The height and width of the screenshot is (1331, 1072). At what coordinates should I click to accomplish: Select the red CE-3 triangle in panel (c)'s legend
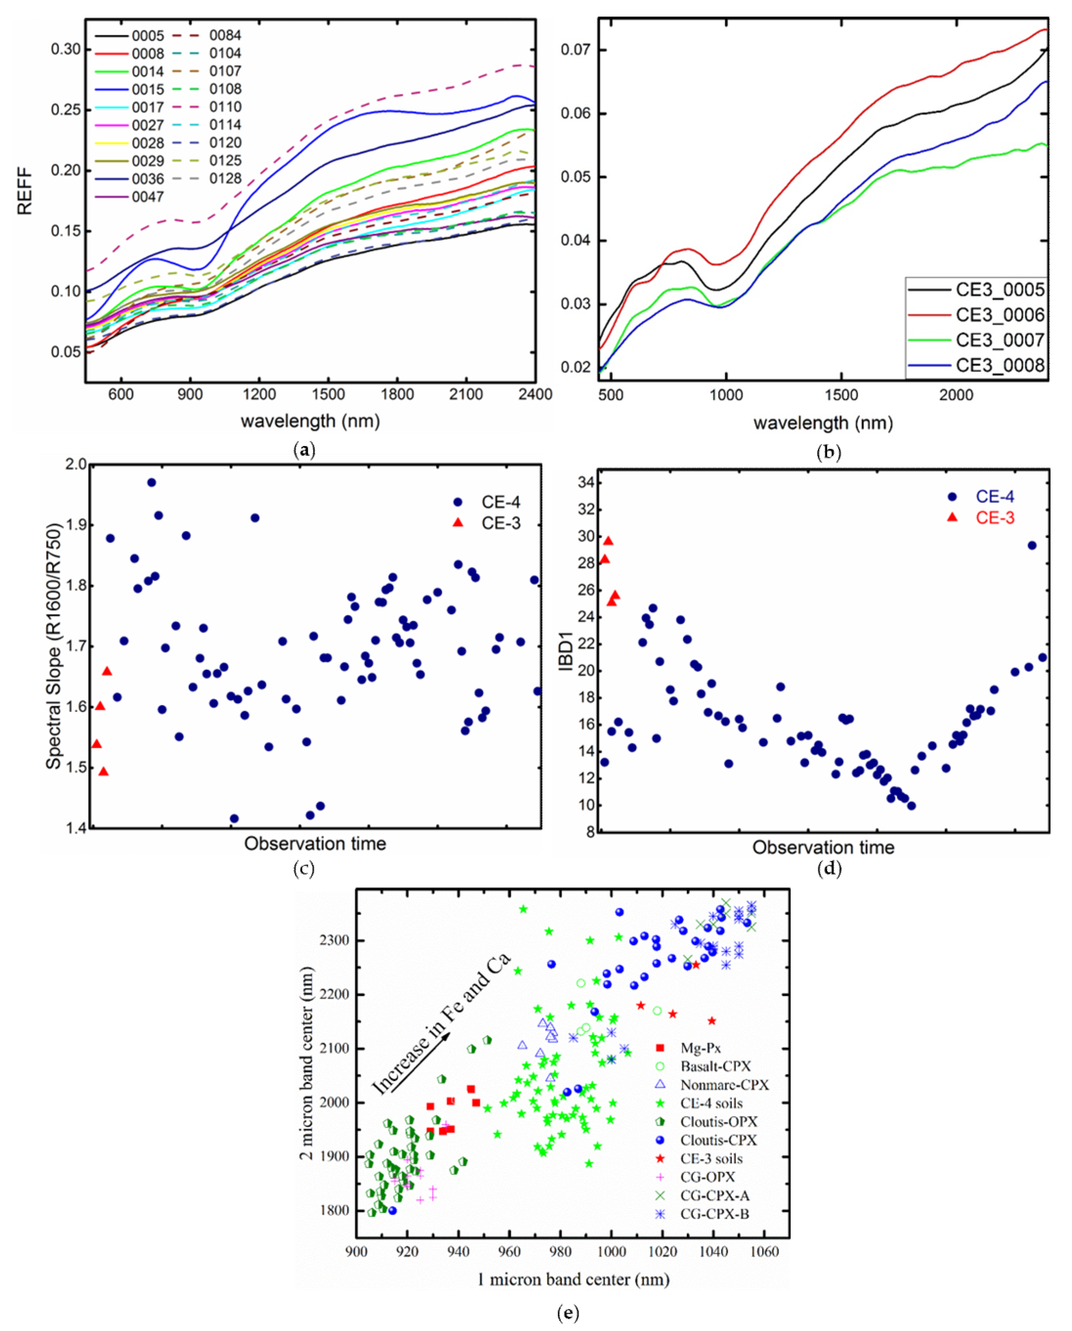click(x=457, y=523)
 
